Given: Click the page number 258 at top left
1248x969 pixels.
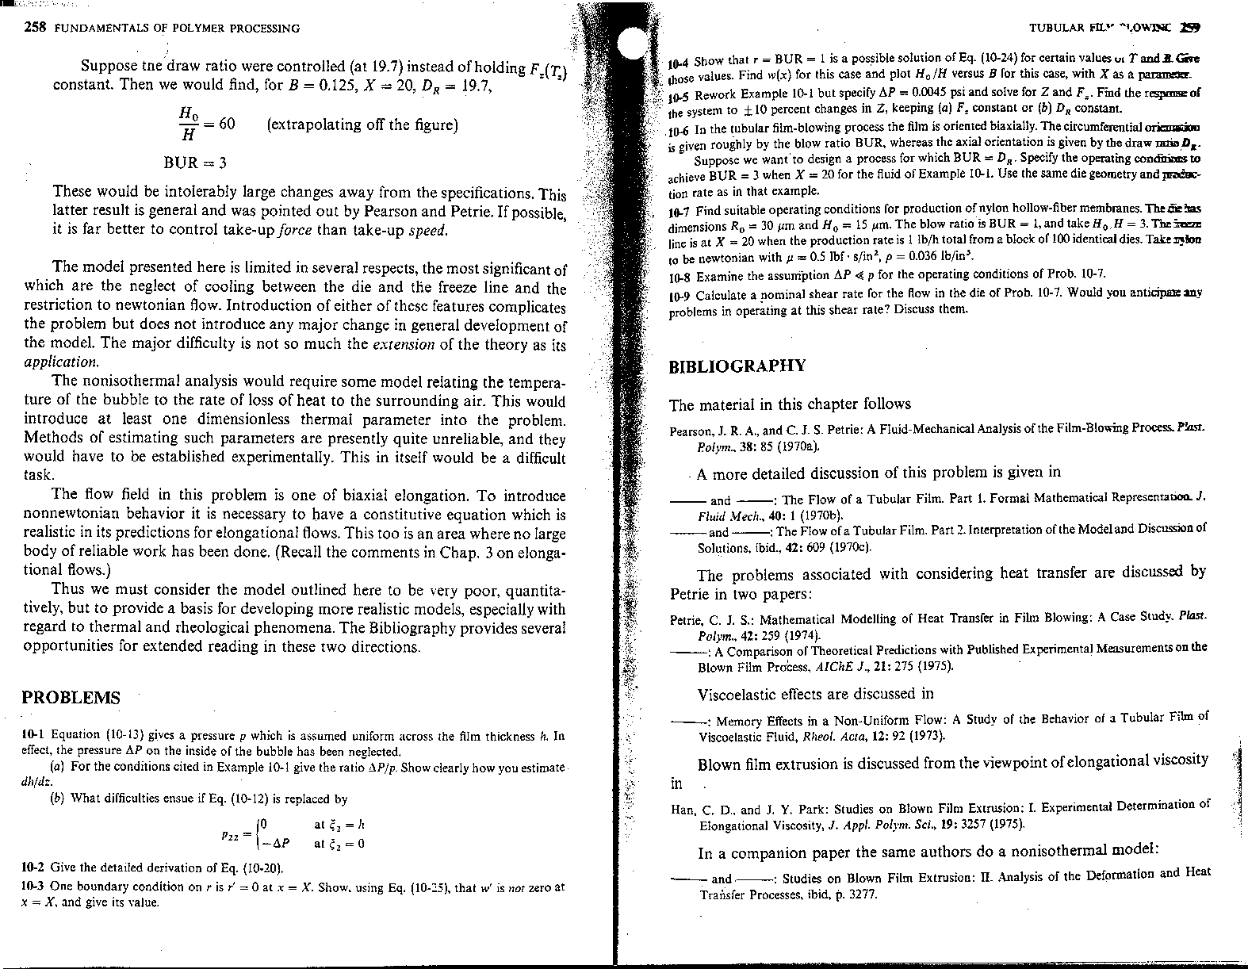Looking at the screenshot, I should [36, 28].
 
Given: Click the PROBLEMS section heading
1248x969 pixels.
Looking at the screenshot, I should [71, 698].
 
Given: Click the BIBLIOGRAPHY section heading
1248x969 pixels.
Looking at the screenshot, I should [737, 366].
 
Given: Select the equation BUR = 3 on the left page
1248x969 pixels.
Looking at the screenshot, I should [194, 163].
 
